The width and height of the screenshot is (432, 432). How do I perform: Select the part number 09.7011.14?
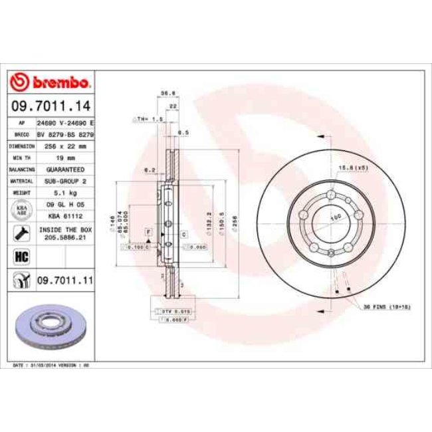pyautogui.click(x=51, y=105)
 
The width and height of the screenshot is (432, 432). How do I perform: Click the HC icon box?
pyautogui.click(x=19, y=255)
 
